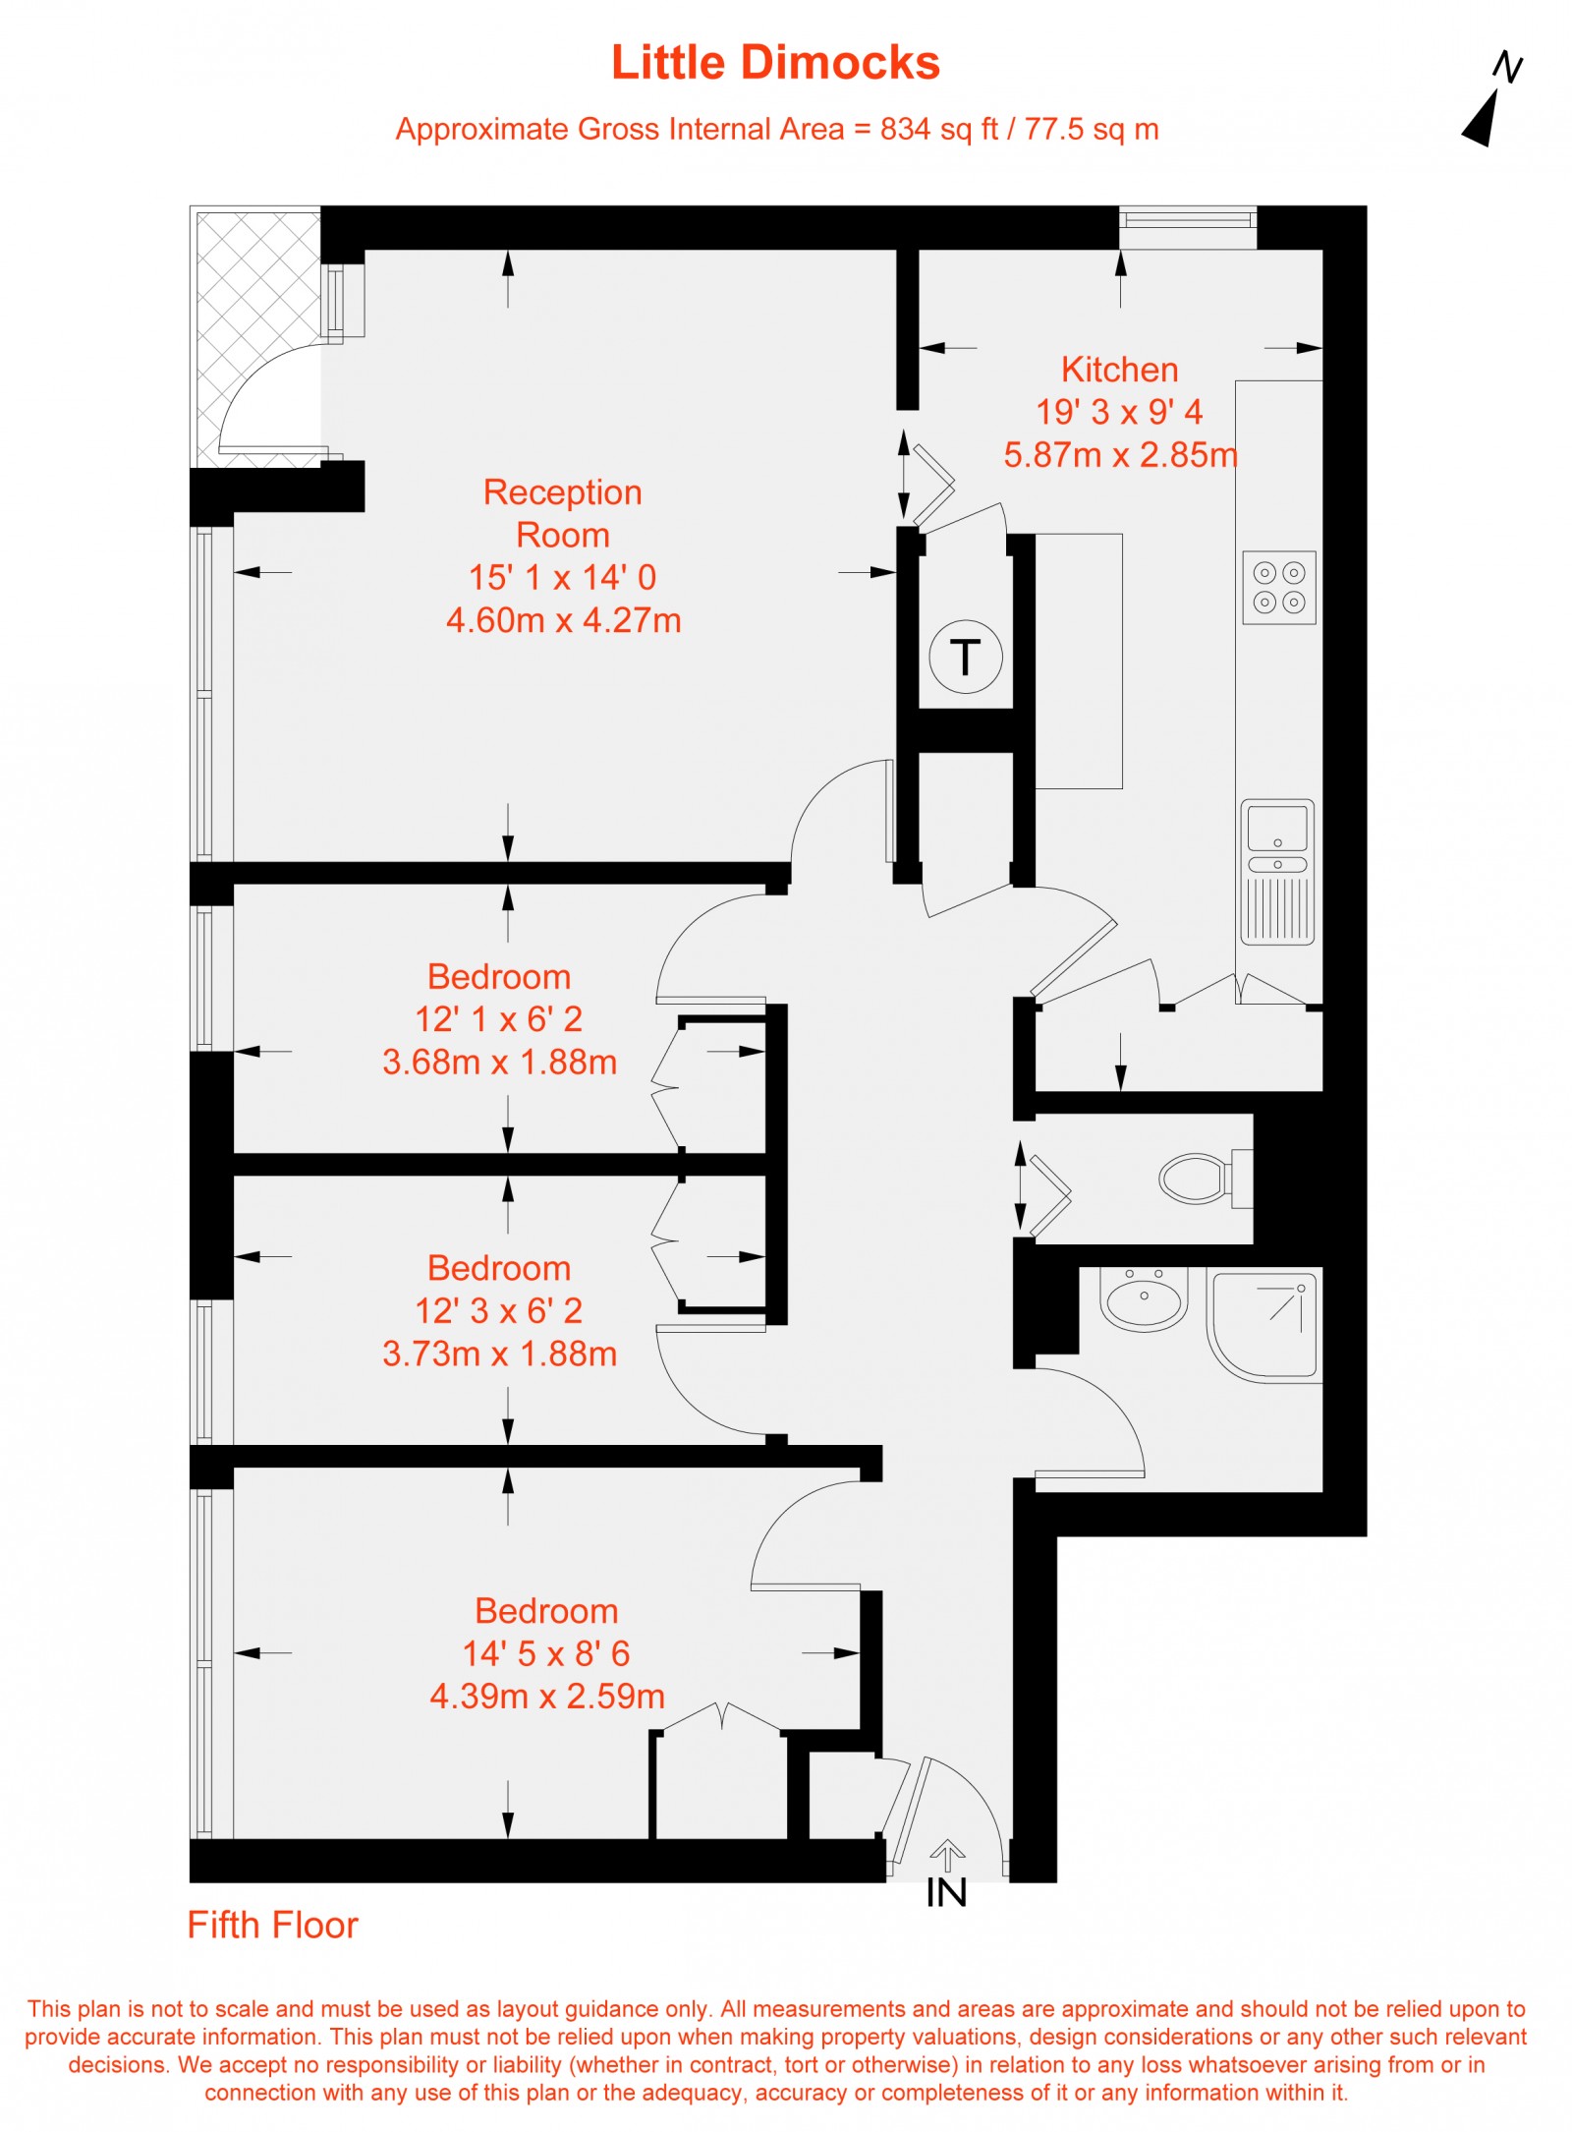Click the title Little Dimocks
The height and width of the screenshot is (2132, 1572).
(775, 63)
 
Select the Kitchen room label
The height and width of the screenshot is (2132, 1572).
(1119, 370)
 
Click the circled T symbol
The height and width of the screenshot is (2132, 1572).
(965, 657)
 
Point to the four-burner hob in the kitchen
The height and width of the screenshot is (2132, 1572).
(1278, 588)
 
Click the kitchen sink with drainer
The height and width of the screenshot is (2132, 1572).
(1276, 871)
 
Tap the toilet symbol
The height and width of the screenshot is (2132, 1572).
(1204, 1178)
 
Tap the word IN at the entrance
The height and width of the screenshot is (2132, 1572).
(946, 1893)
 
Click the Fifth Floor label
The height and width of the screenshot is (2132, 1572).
(272, 1926)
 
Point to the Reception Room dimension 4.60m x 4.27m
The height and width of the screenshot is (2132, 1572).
(563, 620)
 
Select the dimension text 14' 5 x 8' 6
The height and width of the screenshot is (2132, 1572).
(546, 1653)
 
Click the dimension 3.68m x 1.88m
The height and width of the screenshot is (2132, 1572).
(499, 1062)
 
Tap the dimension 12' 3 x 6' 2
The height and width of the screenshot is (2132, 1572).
(499, 1310)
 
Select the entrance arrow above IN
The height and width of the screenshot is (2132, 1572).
(946, 1855)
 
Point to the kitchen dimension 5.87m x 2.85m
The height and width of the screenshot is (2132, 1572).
(1120, 455)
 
